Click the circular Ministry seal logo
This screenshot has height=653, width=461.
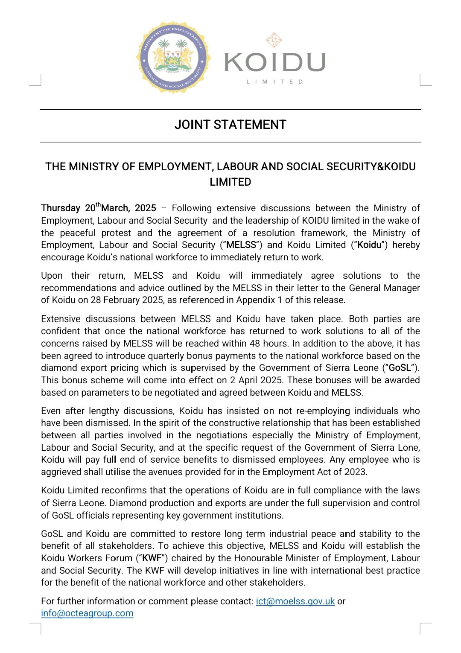[173, 58]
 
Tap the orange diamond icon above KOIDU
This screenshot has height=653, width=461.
[274, 40]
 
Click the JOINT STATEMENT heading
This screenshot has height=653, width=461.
[230, 125]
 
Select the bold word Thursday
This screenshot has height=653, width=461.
[61, 208]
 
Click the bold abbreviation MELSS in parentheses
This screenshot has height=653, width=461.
[241, 245]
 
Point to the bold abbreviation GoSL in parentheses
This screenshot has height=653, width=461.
[400, 368]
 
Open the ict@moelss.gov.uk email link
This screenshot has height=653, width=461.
[295, 601]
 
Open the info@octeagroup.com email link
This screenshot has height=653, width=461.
[87, 613]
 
